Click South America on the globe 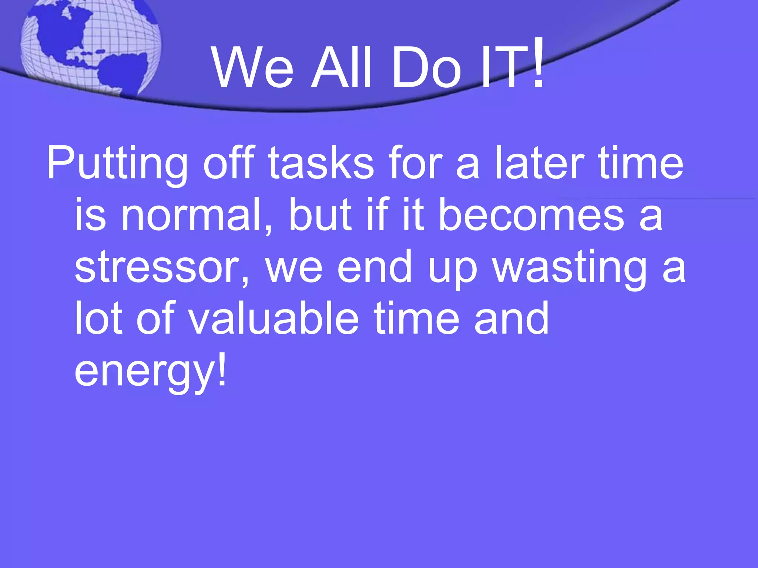[122, 72]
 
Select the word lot [98, 318]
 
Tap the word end [374, 267]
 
